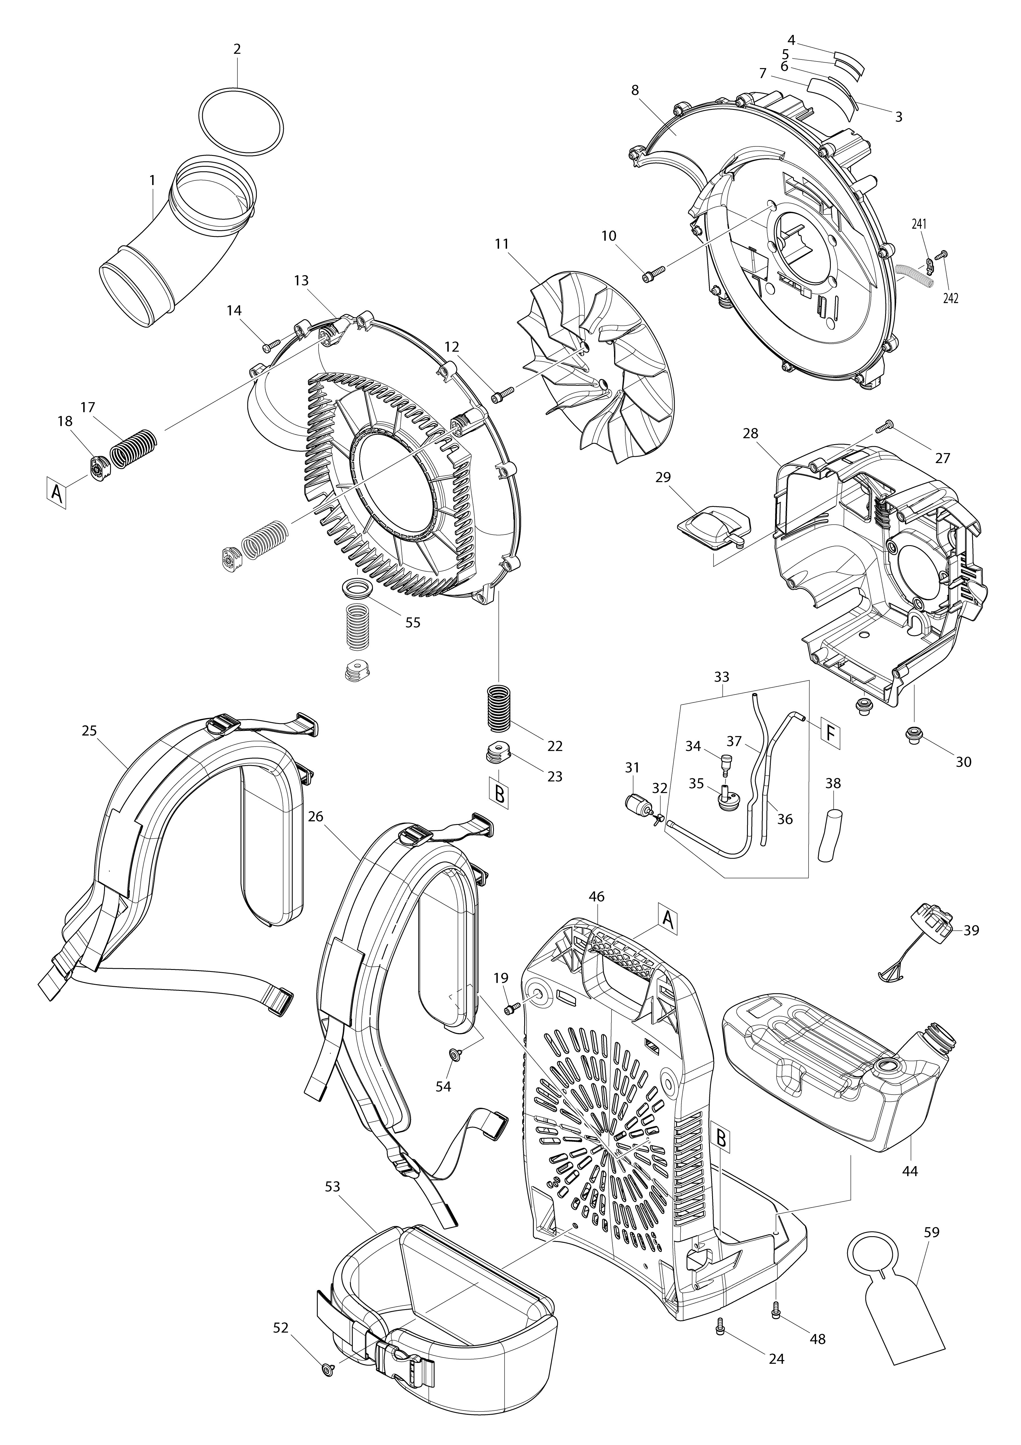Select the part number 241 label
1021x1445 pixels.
pyautogui.click(x=919, y=224)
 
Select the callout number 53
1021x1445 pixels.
pyautogui.click(x=332, y=1186)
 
